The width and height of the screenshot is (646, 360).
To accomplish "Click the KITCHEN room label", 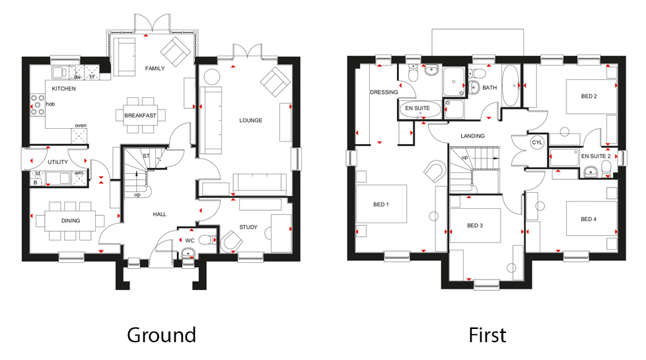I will coord(64,89).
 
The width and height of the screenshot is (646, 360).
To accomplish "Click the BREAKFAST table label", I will coord(140,116).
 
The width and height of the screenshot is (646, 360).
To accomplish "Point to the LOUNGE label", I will coord(250,120).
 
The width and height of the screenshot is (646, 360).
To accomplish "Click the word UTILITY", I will coord(57,162).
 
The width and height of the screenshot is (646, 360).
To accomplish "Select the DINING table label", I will coord(71,220).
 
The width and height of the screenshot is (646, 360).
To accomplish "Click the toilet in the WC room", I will coord(207,240).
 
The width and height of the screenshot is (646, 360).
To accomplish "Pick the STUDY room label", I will coord(248,227).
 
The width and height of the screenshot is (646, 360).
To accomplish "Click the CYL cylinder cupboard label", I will coord(537,143).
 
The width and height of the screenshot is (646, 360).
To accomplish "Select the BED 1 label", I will coord(379,204).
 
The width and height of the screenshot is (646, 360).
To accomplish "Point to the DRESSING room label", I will coord(383,92).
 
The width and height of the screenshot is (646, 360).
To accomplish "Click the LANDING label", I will coord(473,136).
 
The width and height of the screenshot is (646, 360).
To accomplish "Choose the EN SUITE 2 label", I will coord(596,156).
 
